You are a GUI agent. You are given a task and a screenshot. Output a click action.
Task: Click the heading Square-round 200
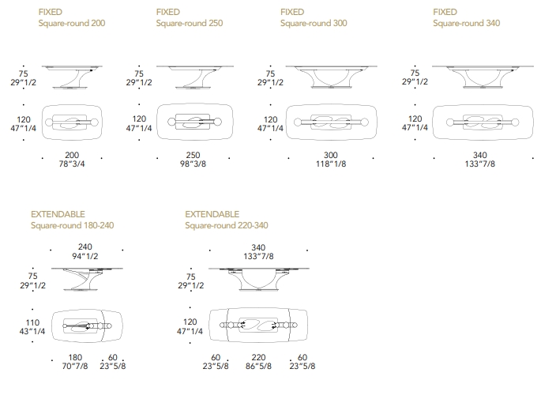click(x=72, y=24)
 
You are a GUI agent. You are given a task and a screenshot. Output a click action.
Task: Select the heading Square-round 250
click(x=190, y=24)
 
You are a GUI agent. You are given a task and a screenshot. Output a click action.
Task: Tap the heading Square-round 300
click(x=314, y=24)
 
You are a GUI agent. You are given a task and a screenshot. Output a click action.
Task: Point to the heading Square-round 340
click(x=466, y=24)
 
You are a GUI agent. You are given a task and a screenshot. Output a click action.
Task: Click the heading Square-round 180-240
click(x=72, y=225)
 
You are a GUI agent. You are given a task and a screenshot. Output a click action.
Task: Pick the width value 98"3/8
click(x=194, y=164)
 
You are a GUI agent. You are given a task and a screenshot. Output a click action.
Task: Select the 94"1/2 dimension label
click(x=85, y=256)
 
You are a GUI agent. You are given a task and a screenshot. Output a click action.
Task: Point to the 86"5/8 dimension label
click(x=259, y=366)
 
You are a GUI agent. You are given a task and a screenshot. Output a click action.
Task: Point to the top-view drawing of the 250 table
click(x=194, y=122)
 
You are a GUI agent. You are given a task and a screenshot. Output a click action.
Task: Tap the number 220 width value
click(x=259, y=356)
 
